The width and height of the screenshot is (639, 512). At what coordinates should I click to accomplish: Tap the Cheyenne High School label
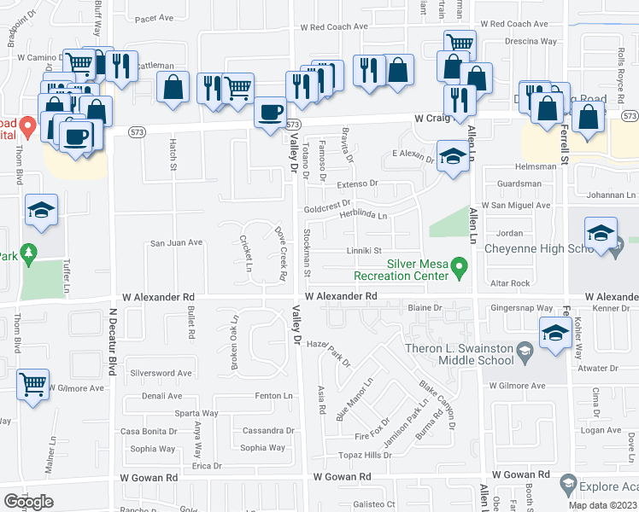tap(538, 248)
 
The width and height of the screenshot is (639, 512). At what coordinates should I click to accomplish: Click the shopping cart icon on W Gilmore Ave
tap(32, 385)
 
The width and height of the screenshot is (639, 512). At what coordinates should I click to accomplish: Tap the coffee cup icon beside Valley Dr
tap(271, 113)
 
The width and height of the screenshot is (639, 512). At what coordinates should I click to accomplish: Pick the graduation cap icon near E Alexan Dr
tap(453, 155)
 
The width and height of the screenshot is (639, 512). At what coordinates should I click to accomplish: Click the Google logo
tap(28, 502)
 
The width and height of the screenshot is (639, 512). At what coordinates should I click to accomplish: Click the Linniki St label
tap(363, 251)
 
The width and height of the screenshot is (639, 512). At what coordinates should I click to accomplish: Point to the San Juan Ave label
tap(176, 242)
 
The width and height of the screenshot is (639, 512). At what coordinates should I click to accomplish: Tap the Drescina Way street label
tap(530, 41)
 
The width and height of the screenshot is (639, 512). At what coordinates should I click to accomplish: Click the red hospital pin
tap(27, 128)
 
